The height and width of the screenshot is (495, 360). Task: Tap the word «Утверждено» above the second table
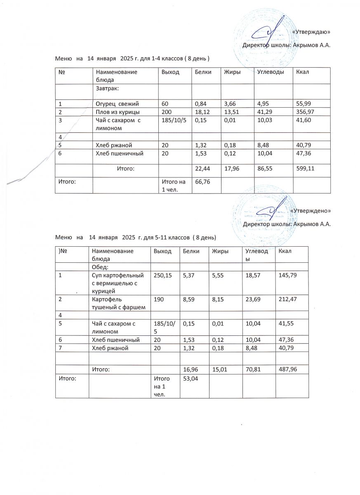(310, 210)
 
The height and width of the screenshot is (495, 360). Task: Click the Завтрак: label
(108, 88)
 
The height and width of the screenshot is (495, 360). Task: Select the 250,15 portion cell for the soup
(162, 275)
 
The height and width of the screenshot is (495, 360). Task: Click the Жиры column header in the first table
(232, 72)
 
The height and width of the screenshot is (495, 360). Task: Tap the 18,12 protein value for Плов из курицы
(201, 112)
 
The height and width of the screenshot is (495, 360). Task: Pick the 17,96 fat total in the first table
(231, 168)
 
